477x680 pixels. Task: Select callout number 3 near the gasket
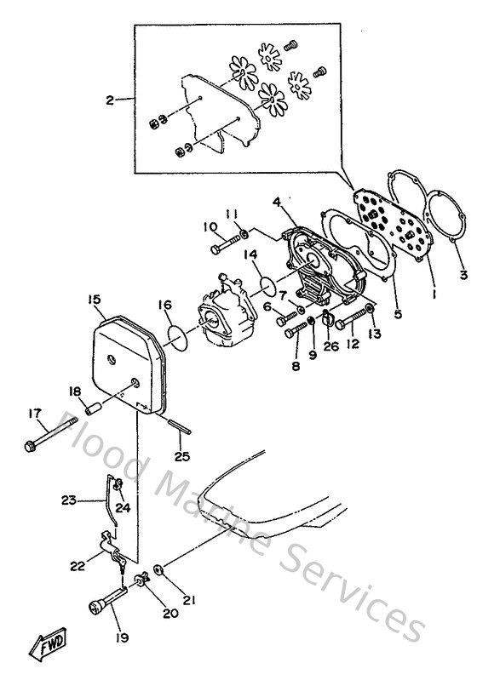[463, 274]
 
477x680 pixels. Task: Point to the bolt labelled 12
[349, 323]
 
